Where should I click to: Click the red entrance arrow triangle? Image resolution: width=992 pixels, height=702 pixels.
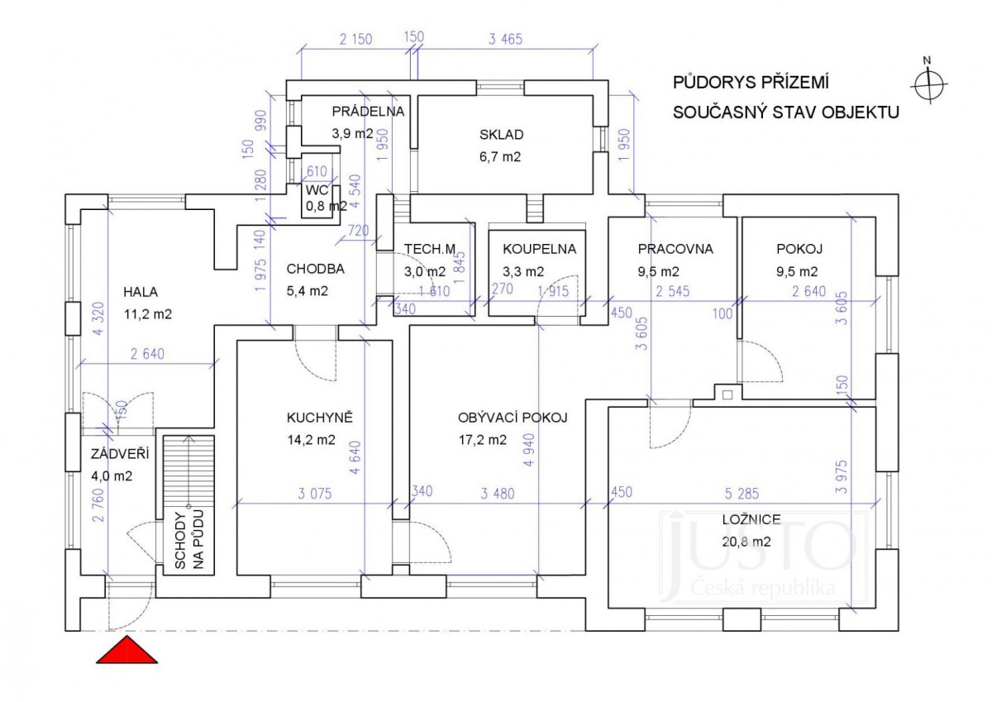(126, 651)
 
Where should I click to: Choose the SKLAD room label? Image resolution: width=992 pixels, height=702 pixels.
(501, 135)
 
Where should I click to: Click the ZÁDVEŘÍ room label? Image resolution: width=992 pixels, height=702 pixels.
(113, 453)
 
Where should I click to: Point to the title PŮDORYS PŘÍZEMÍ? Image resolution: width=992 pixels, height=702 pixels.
(751, 83)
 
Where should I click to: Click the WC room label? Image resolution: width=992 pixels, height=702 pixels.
(317, 190)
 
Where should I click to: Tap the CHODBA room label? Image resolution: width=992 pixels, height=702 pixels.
(314, 269)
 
